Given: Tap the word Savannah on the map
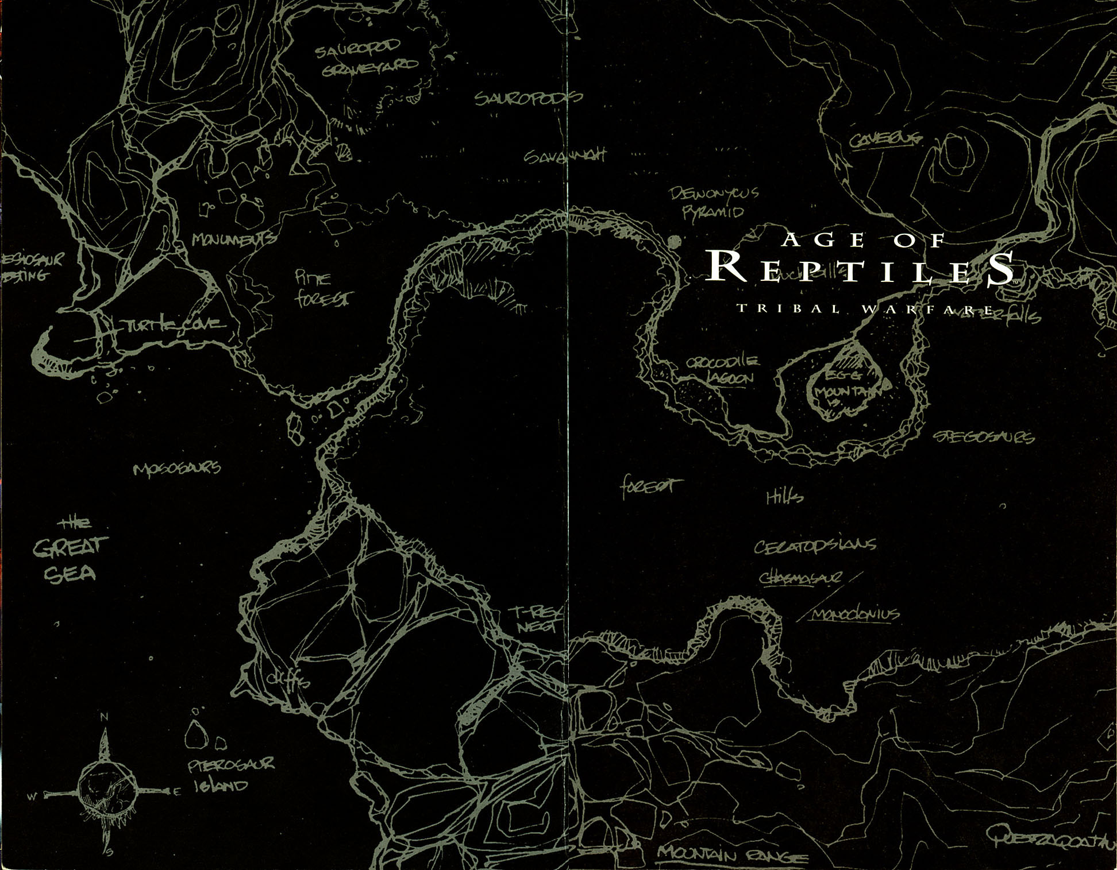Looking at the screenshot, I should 565,156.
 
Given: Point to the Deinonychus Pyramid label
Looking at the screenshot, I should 714,202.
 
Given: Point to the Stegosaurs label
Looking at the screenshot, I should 983,438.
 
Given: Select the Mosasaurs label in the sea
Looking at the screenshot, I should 177,469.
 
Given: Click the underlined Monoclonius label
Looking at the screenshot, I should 854,614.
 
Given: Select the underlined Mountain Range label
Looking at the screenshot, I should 731,855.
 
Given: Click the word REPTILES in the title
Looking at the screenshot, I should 860,268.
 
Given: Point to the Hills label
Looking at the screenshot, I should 784,497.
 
